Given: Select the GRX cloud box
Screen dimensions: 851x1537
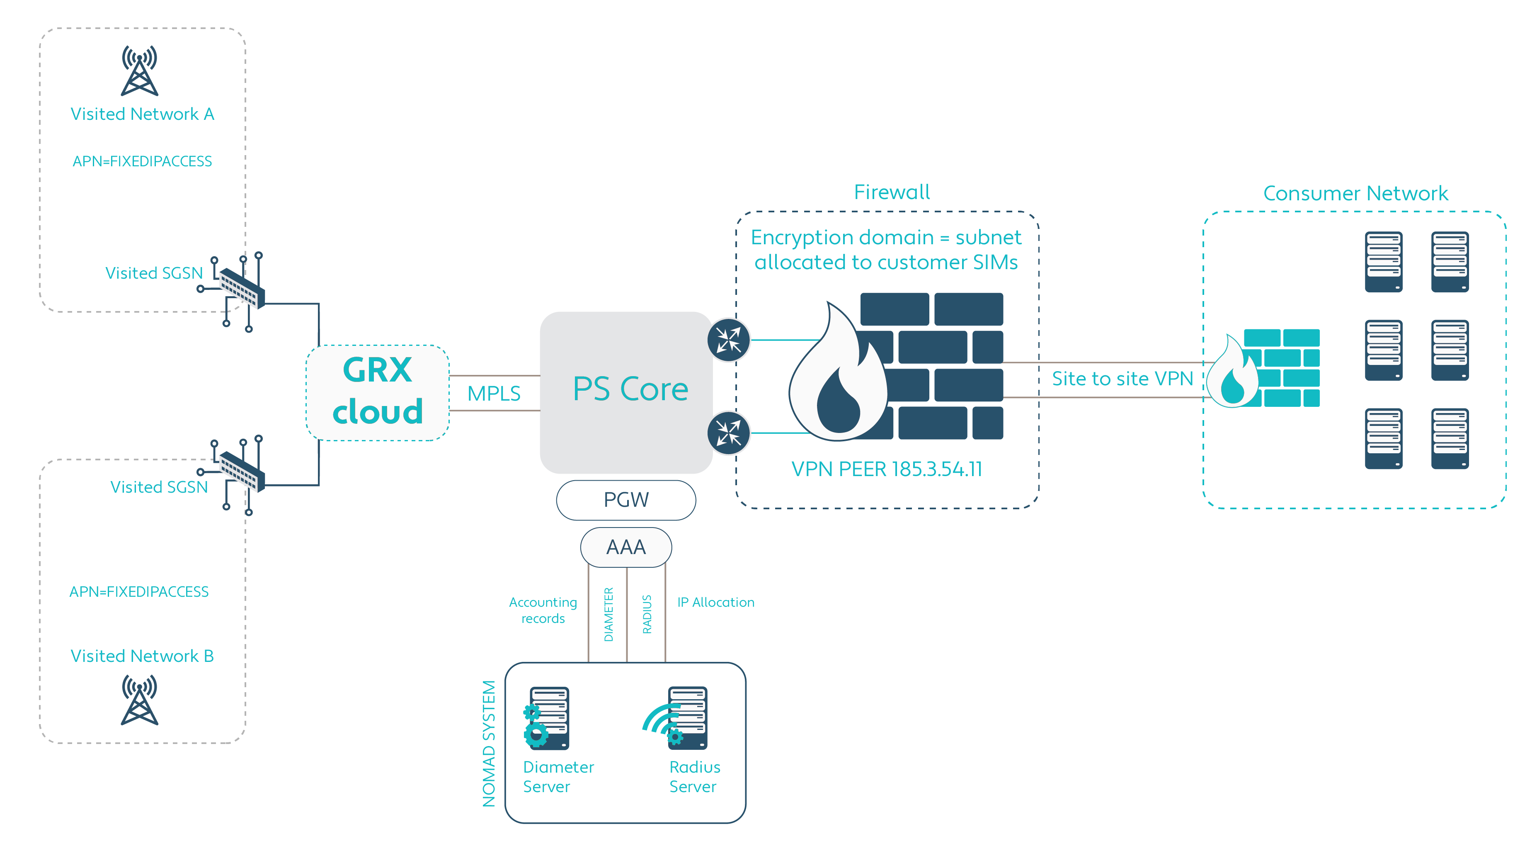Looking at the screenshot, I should click(377, 392).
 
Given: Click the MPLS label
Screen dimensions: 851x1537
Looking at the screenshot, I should click(493, 393).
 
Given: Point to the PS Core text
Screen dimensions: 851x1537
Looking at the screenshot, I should click(630, 389).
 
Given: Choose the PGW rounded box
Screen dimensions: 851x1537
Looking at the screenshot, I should click(626, 499).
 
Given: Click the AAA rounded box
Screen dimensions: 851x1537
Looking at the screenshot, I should click(626, 547).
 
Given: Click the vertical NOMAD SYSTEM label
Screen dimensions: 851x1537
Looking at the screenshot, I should click(489, 743).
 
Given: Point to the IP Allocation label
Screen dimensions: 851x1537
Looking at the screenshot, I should click(715, 602).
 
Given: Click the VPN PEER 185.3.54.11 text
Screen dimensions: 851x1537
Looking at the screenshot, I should click(887, 469).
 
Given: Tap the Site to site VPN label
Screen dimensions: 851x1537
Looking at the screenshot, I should click(1122, 378).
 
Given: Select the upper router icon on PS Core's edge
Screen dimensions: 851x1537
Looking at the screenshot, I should click(729, 340).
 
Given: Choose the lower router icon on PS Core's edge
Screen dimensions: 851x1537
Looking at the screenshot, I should click(729, 433).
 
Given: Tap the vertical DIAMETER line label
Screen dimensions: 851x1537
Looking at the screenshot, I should click(608, 614).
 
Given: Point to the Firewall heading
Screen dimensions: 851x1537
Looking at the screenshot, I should click(892, 192).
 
